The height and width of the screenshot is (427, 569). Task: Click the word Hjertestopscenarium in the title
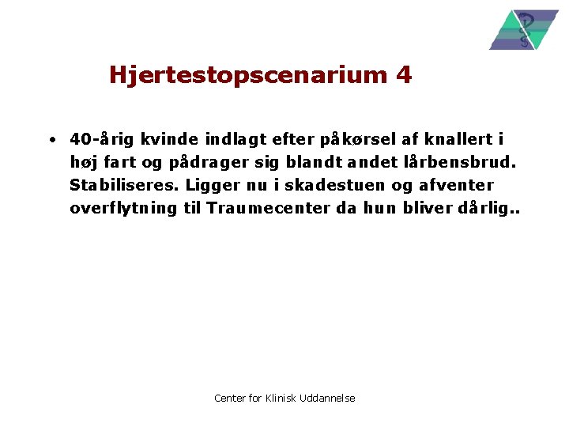pos(246,76)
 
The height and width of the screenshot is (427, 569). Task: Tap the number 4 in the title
pos(404,75)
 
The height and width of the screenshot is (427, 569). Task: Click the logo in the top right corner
pos(523,30)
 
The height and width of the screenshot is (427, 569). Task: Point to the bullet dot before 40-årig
pos(50,141)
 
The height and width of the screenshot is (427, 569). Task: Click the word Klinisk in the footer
pos(280,398)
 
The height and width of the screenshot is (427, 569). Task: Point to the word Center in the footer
pos(230,398)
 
